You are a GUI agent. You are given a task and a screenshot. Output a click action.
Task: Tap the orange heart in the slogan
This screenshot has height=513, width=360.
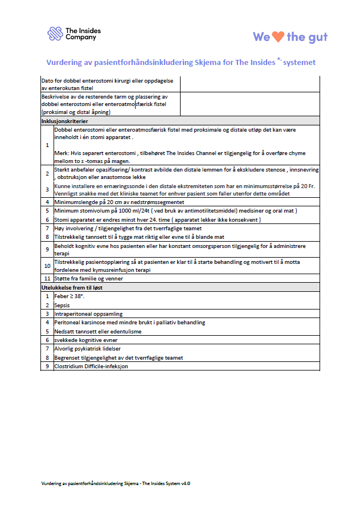[277, 37]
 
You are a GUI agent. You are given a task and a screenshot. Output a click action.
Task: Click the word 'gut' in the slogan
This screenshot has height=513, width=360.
[316, 37]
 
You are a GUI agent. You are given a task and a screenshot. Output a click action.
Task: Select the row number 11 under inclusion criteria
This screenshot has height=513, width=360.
[47, 279]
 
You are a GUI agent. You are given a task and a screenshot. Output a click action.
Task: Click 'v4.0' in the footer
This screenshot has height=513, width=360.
[185, 483]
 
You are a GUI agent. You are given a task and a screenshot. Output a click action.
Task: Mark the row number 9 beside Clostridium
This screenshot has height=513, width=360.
[47, 366]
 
